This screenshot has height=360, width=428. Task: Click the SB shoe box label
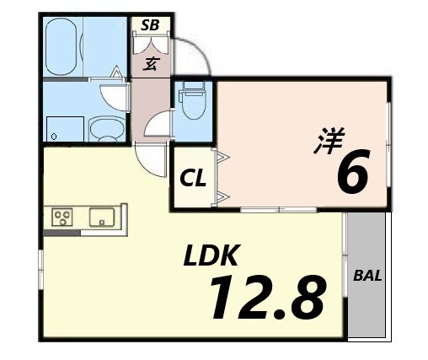coord(150,25)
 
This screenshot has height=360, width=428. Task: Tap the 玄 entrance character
coord(152,64)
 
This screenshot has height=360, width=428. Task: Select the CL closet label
coord(193,179)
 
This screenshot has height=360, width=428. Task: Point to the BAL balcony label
coord(367,276)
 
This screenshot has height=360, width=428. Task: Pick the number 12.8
coord(269,298)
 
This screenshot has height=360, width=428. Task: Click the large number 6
coord(353,170)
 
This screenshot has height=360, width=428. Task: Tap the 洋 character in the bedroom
coord(329,141)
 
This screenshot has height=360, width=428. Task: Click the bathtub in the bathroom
coord(62,46)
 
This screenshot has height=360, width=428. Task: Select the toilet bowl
coord(193,105)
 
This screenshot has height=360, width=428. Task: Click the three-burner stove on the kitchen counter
coord(62,217)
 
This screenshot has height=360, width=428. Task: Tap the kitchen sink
coord(102,218)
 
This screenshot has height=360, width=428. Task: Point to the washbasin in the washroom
coord(107,129)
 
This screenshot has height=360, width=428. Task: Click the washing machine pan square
coord(65,129)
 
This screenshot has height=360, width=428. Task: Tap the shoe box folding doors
coord(151,45)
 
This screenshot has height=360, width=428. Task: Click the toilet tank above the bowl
coord(193,86)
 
